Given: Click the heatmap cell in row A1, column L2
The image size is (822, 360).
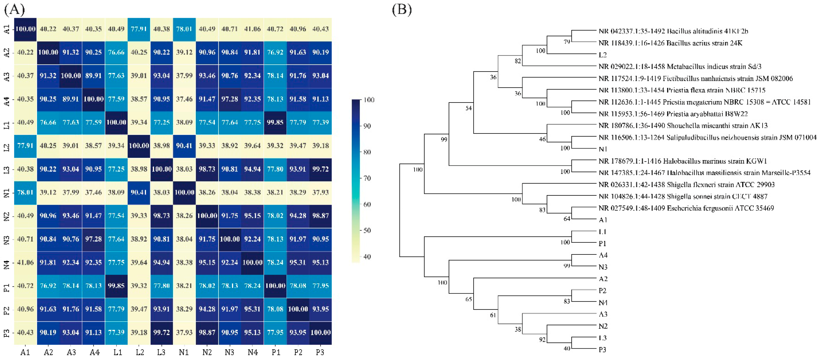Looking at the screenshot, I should (x=139, y=29).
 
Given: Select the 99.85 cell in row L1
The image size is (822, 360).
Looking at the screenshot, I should (x=275, y=122).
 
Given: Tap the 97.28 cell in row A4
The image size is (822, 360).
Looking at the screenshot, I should (x=230, y=99).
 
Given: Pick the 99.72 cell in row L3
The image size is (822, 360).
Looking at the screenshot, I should (x=320, y=169).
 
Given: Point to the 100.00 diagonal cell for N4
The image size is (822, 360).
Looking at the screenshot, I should (x=252, y=262).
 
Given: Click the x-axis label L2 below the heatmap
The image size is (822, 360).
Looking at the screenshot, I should (x=140, y=352).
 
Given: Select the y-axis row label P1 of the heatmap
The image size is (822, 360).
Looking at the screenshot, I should (x=7, y=286).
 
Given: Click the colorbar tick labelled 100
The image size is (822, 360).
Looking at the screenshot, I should (x=369, y=100).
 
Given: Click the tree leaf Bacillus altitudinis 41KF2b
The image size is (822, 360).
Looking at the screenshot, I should (x=673, y=31).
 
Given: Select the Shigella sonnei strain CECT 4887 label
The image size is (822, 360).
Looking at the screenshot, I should (x=683, y=196).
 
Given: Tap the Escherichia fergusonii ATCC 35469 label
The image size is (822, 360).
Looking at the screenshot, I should (x=686, y=208).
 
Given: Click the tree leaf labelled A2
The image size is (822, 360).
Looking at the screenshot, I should (x=603, y=279).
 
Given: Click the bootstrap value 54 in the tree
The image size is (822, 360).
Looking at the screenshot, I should (x=468, y=108).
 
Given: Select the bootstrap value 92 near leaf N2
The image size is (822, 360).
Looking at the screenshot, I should (x=542, y=339).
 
